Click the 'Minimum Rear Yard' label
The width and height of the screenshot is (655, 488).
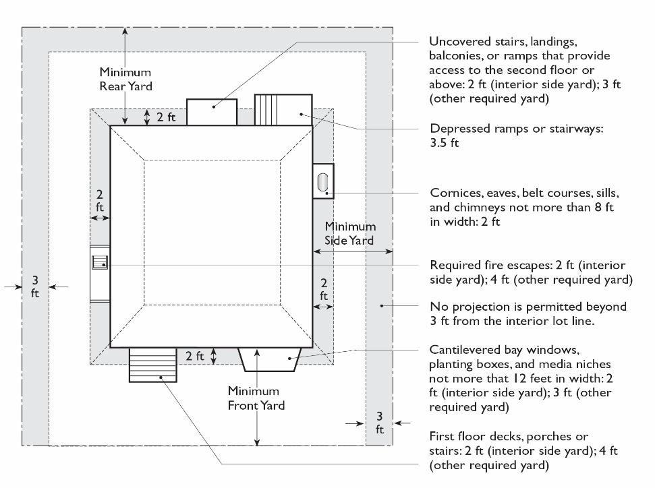coord(125,79)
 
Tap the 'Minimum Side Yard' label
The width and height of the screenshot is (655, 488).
coord(350,233)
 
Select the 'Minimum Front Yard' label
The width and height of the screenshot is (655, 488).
coord(256,398)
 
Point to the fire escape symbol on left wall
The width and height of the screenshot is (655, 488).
coord(100,264)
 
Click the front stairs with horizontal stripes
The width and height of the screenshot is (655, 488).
coord(152,365)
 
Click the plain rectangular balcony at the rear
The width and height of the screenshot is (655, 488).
coord(211,112)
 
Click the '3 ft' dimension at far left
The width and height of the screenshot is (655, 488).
coord(34,286)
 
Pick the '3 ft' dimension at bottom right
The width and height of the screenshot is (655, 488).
coord(379,423)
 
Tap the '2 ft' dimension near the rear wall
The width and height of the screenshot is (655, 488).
coord(166,117)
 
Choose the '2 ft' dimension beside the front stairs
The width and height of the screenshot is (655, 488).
coord(194,355)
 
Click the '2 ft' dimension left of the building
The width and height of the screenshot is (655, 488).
coord(99,201)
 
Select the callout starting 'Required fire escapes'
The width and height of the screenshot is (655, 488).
coord(530,272)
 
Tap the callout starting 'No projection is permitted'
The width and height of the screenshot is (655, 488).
coord(528,313)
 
